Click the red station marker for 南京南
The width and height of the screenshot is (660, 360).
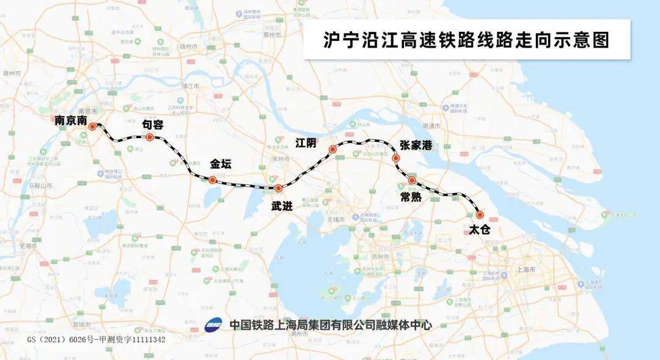(x=92, y=127)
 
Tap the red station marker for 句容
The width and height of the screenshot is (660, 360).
(x=149, y=137)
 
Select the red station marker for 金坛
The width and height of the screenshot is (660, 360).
(x=212, y=180)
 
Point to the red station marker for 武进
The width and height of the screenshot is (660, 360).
(x=278, y=188)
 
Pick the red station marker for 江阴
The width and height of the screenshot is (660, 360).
(x=332, y=149)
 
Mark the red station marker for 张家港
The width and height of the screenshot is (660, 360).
(x=396, y=158)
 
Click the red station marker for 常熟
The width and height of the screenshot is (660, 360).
(x=412, y=180)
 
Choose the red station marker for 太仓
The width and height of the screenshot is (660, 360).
(x=480, y=215)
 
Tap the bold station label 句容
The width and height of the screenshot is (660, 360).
(x=153, y=124)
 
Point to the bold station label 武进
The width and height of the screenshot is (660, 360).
(x=282, y=207)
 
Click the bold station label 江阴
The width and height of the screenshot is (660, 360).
(x=306, y=142)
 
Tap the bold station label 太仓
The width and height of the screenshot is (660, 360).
(x=480, y=231)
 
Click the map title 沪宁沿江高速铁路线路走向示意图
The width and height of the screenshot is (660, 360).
(x=466, y=40)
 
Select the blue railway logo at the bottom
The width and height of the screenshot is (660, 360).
(x=213, y=325)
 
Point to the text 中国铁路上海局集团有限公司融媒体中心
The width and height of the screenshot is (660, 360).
(x=331, y=325)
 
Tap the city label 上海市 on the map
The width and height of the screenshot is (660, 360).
(x=526, y=270)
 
